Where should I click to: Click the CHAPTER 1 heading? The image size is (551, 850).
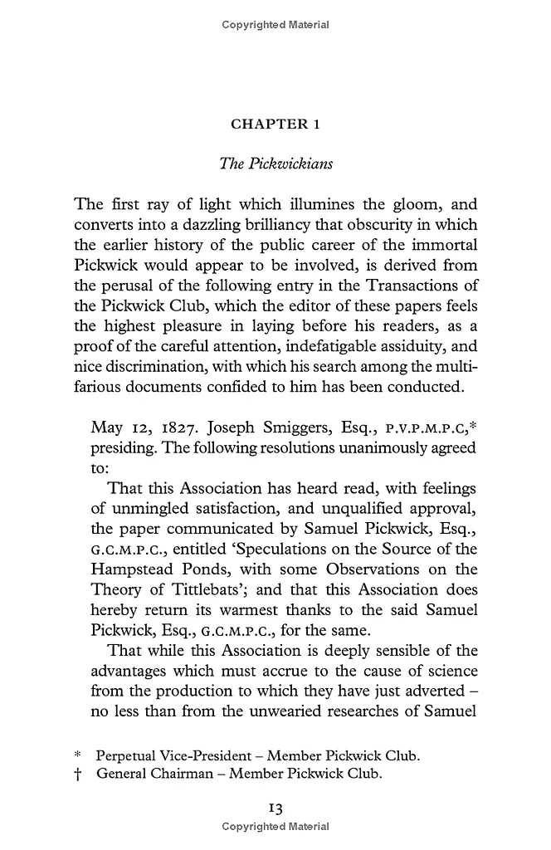275,125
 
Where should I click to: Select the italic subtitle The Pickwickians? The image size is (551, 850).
275,164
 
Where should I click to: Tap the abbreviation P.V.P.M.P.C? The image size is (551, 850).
423,429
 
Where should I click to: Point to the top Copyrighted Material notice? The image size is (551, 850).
275,25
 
